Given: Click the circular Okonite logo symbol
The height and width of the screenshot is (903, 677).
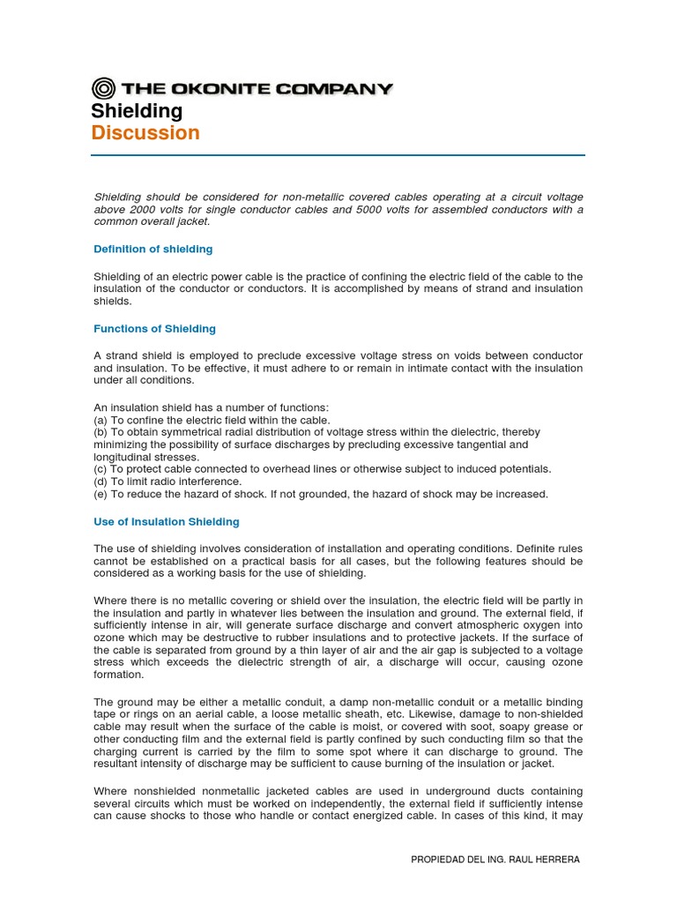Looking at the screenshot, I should click(103, 88).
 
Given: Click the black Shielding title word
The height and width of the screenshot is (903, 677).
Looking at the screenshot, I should click(137, 111).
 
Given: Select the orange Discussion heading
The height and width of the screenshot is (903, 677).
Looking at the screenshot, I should click(145, 133).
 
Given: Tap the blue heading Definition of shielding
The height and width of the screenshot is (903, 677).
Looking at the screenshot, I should click(153, 250).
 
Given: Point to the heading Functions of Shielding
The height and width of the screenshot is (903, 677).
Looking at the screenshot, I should click(154, 329).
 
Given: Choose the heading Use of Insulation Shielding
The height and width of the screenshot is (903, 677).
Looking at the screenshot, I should click(167, 522).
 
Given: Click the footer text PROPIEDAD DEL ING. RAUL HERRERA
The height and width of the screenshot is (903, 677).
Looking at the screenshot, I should click(495, 860).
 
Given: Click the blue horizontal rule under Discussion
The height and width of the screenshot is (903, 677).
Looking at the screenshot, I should click(338, 155).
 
